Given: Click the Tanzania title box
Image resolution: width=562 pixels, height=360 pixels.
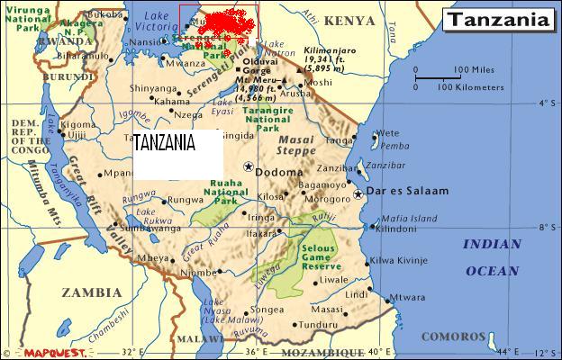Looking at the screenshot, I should click(x=498, y=19).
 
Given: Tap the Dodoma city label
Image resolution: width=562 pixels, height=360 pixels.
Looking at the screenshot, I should click(x=274, y=171).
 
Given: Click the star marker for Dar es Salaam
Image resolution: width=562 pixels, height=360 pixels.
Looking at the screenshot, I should click(x=358, y=193).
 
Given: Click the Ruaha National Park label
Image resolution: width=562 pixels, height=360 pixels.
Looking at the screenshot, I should click(x=220, y=193).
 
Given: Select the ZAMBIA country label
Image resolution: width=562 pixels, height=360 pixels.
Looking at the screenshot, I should click(x=91, y=292).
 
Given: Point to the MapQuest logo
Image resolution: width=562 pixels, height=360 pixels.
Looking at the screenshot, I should click(x=49, y=352).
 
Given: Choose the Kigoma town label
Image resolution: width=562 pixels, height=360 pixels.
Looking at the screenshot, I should click(x=77, y=123).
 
